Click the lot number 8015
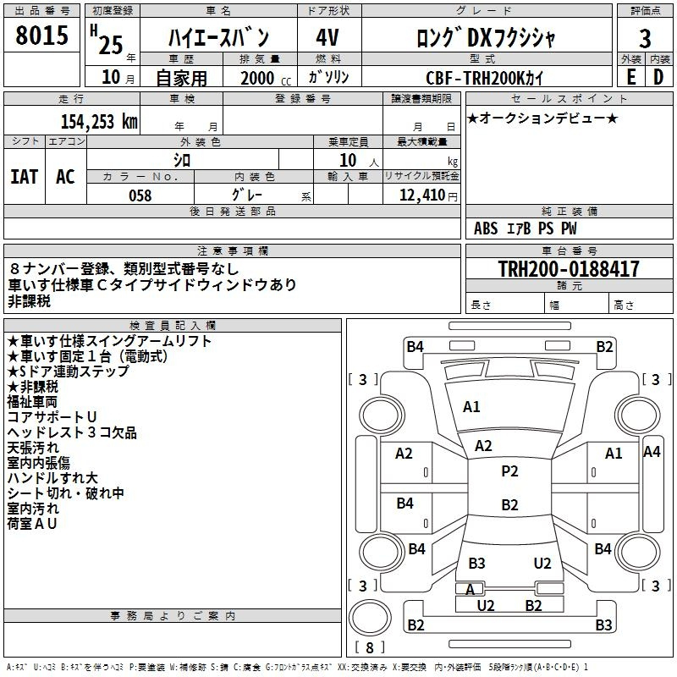(41, 35)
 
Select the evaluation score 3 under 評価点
(645, 39)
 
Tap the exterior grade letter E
(630, 77)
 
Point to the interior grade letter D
(658, 77)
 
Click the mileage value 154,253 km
(99, 122)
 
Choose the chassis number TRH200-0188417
(569, 269)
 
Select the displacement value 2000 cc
(266, 79)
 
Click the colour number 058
(140, 195)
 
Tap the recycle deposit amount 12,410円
(428, 195)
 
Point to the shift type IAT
(25, 177)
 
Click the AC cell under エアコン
(66, 177)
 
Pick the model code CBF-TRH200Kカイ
(484, 78)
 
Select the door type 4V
(327, 37)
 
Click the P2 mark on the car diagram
(509, 471)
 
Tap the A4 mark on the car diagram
(652, 452)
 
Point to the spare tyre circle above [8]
(370, 619)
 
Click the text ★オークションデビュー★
(542, 118)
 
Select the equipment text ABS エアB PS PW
(525, 228)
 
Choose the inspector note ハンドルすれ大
(52, 478)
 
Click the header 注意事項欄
(233, 250)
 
